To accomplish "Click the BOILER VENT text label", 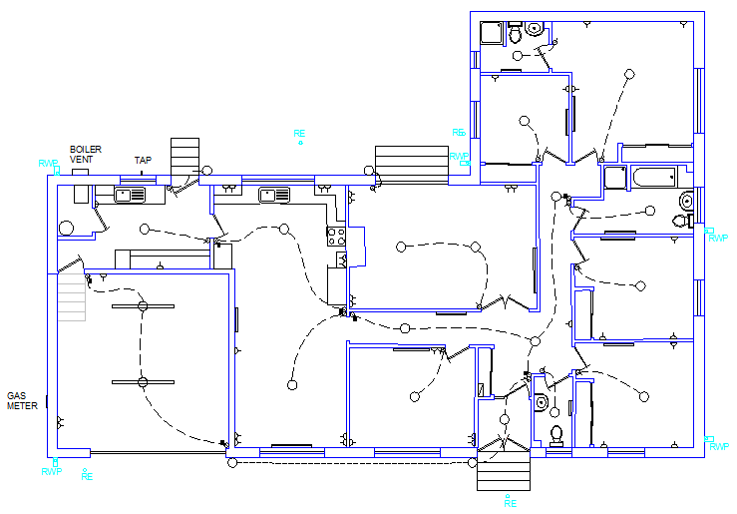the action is pyautogui.click(x=86, y=155).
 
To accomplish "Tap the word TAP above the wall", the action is pyautogui.click(x=143, y=161).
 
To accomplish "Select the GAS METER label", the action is pyautogui.click(x=22, y=400).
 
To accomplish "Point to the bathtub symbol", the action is pyautogui.click(x=654, y=178).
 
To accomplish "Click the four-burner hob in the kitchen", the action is pyautogui.click(x=336, y=237).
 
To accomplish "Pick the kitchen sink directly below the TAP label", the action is pyautogui.click(x=131, y=195).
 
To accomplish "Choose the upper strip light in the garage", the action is pyautogui.click(x=143, y=306).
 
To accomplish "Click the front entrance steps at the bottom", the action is pyautogui.click(x=504, y=470).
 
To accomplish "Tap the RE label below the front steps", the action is pyautogui.click(x=511, y=503).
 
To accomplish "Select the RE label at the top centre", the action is pyautogui.click(x=299, y=134).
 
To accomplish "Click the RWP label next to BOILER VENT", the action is pyautogui.click(x=48, y=164).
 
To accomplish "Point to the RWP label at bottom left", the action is pyautogui.click(x=51, y=472).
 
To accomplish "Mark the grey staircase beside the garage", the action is pyautogui.click(x=72, y=297).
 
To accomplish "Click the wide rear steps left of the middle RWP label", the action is pyautogui.click(x=412, y=163).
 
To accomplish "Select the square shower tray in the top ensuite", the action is pyautogui.click(x=492, y=33).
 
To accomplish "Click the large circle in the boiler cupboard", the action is pyautogui.click(x=66, y=229).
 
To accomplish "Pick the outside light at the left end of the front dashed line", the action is pyautogui.click(x=232, y=463).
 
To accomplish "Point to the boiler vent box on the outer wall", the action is pyautogui.click(x=81, y=172).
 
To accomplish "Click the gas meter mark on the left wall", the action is pyautogui.click(x=47, y=401).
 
